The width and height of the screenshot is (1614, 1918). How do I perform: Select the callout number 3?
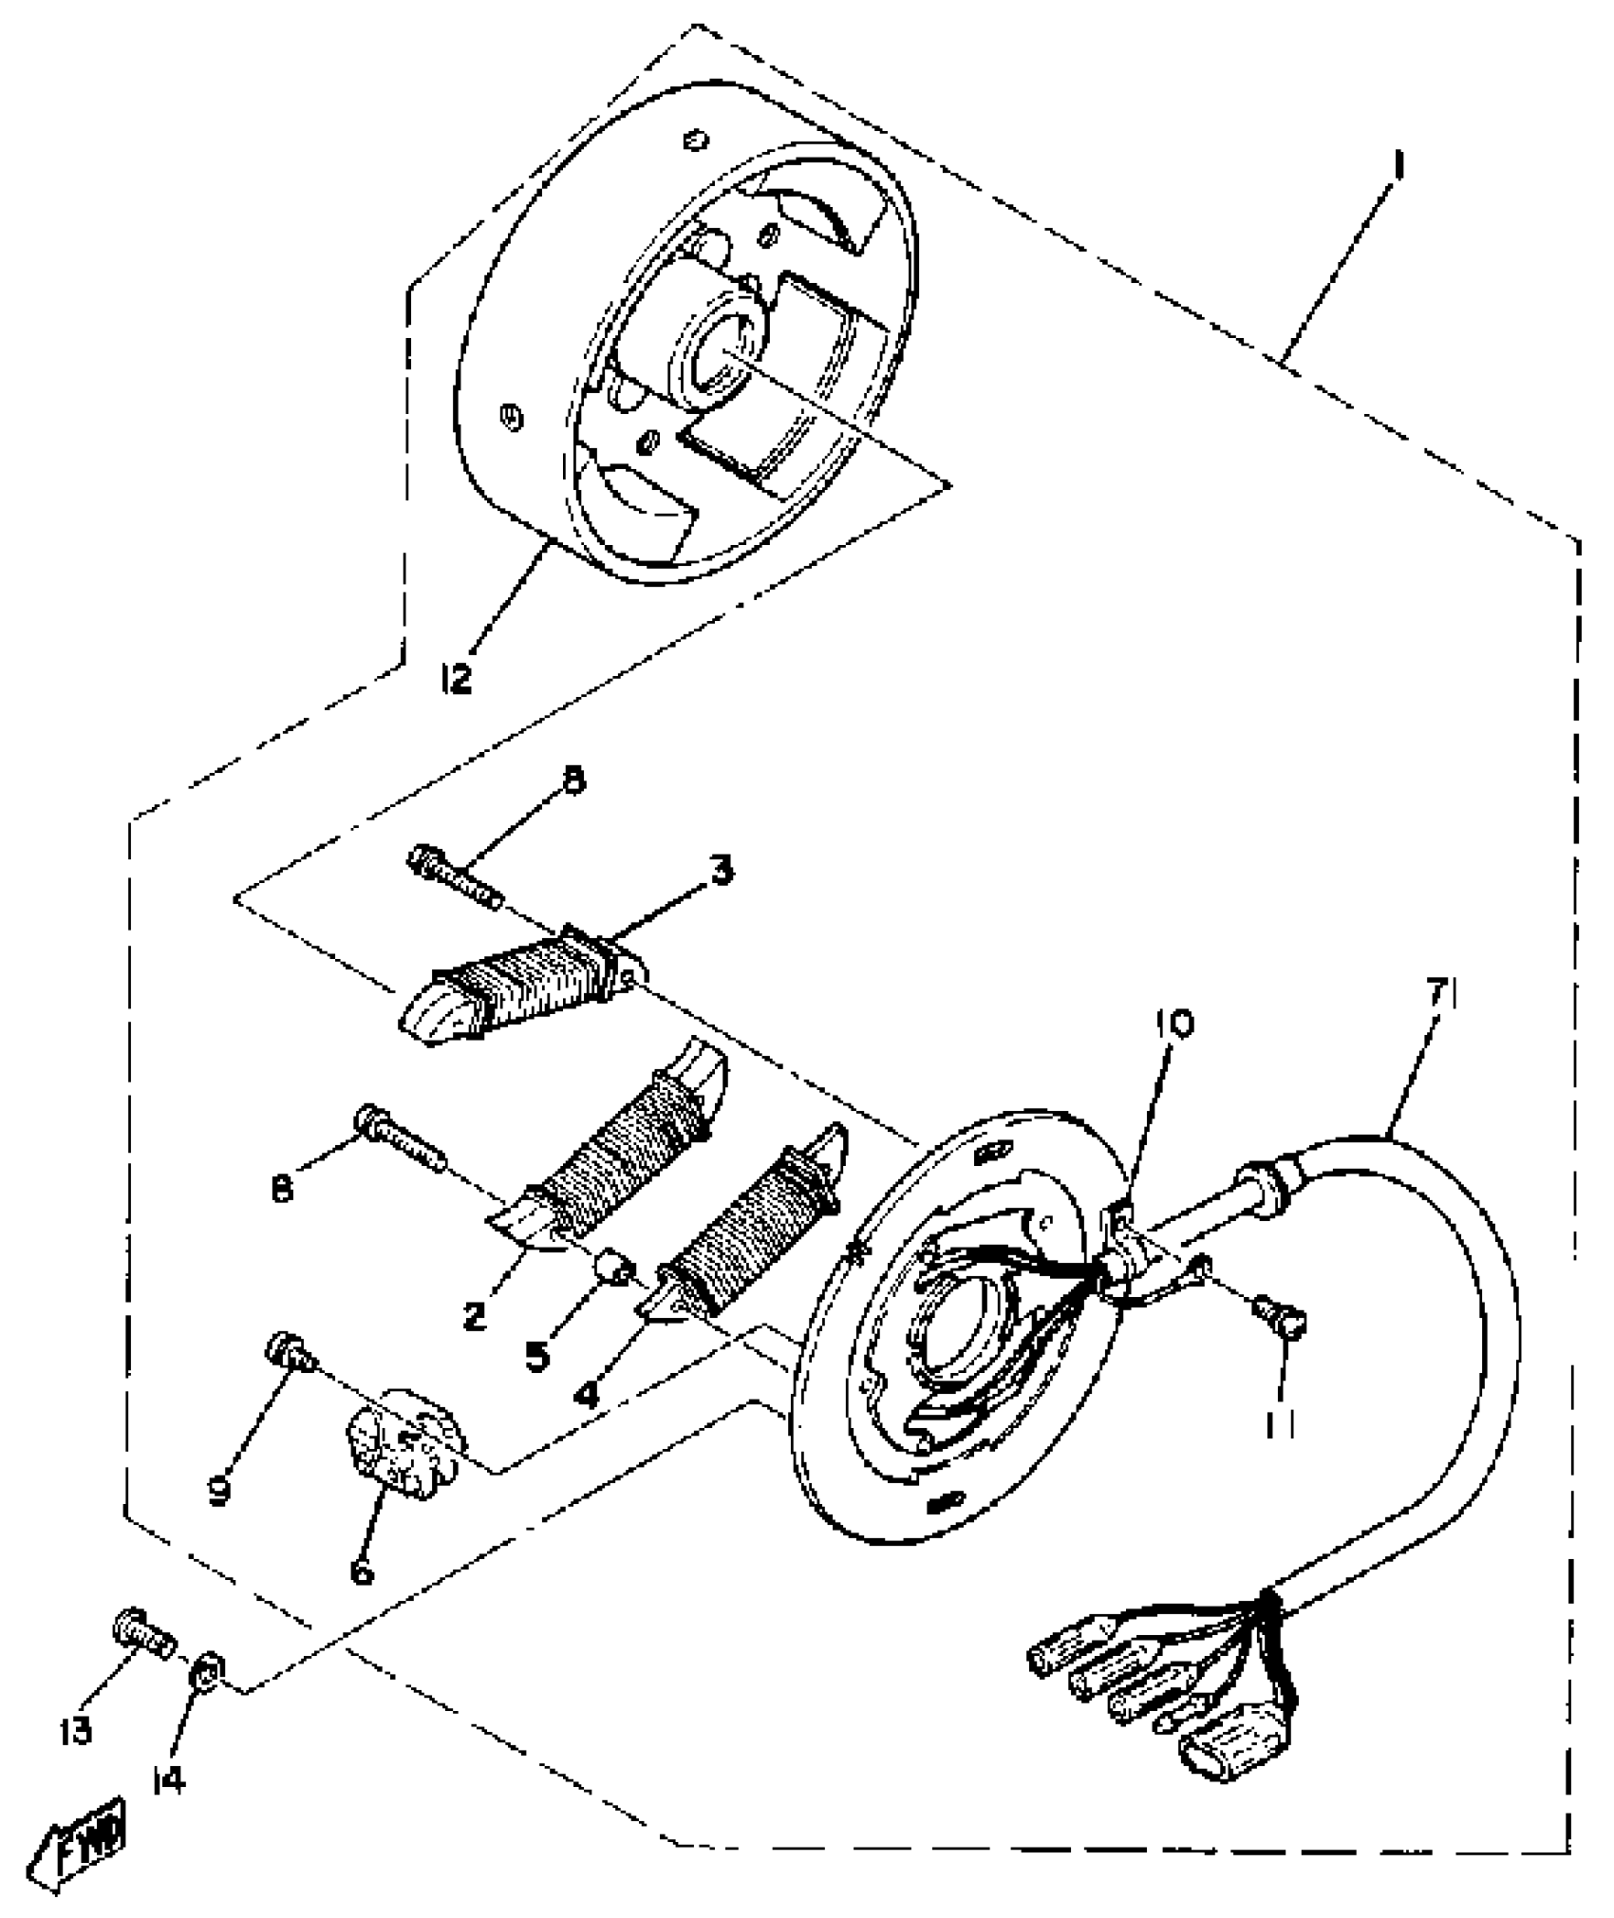pyautogui.click(x=723, y=871)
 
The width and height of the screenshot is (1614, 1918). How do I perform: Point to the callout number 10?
pyautogui.click(x=1175, y=1024)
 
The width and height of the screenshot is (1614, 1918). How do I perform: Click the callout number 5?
pyautogui.click(x=537, y=1355)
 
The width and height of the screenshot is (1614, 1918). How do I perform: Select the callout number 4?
pyautogui.click(x=589, y=1394)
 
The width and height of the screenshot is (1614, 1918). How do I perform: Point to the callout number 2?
pyautogui.click(x=475, y=1314)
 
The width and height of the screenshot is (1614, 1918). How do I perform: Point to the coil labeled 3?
pyautogui.click(x=522, y=987)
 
